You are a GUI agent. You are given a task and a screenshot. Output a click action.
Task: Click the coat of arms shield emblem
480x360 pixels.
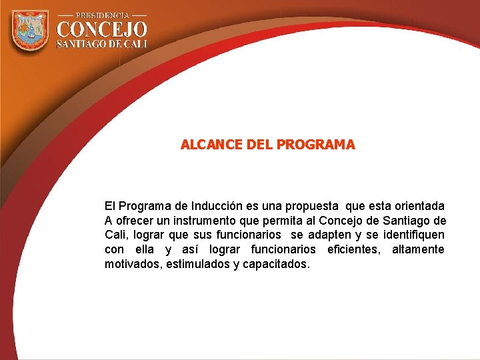pos(30,31)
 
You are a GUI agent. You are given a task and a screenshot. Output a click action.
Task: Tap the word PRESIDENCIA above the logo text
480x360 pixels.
pos(101,15)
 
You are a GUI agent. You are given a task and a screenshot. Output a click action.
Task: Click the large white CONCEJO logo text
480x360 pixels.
pos(101,29)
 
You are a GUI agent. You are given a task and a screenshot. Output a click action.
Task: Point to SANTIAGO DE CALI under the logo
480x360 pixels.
pos(101,43)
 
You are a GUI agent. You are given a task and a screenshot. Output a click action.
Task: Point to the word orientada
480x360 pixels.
pos(417,206)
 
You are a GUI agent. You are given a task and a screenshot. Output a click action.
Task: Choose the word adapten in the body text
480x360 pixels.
pos(329,235)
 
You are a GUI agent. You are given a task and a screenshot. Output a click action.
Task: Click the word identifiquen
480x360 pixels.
pos(414,235)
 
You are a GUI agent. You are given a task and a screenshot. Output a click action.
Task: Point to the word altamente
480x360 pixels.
pos(417,249)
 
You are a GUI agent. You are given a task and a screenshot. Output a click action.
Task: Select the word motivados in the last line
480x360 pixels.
pos(131,264)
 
